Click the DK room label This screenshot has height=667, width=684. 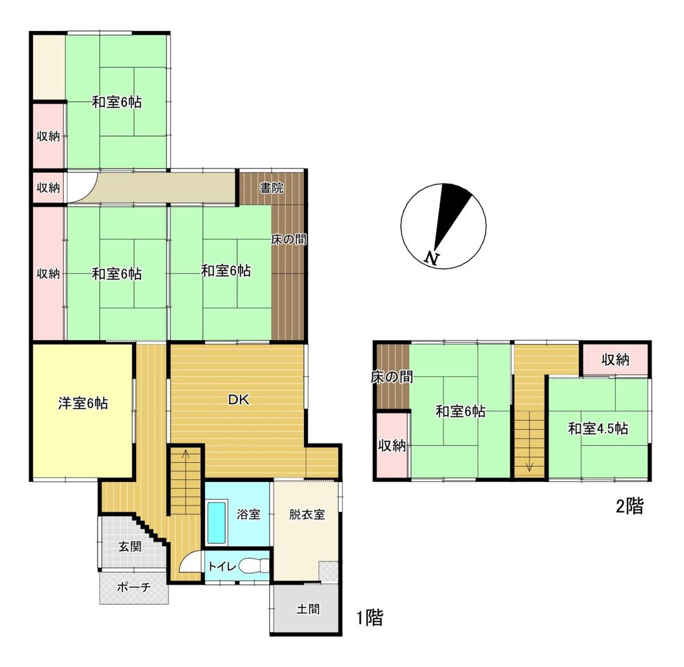[239, 399]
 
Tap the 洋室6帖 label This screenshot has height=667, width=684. [83, 403]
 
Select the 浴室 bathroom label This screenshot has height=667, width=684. [249, 514]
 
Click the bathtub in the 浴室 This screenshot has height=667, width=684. [217, 524]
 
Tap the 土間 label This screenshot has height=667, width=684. [308, 609]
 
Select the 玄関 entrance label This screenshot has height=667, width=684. [130, 547]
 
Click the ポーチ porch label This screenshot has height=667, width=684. [134, 587]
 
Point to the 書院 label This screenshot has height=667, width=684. [272, 187]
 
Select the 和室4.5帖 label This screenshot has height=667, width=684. [597, 429]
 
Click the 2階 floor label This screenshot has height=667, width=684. [629, 506]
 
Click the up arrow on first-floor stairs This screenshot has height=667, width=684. [185, 454]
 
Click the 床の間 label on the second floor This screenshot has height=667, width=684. [392, 378]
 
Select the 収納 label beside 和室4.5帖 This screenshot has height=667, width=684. [615, 360]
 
